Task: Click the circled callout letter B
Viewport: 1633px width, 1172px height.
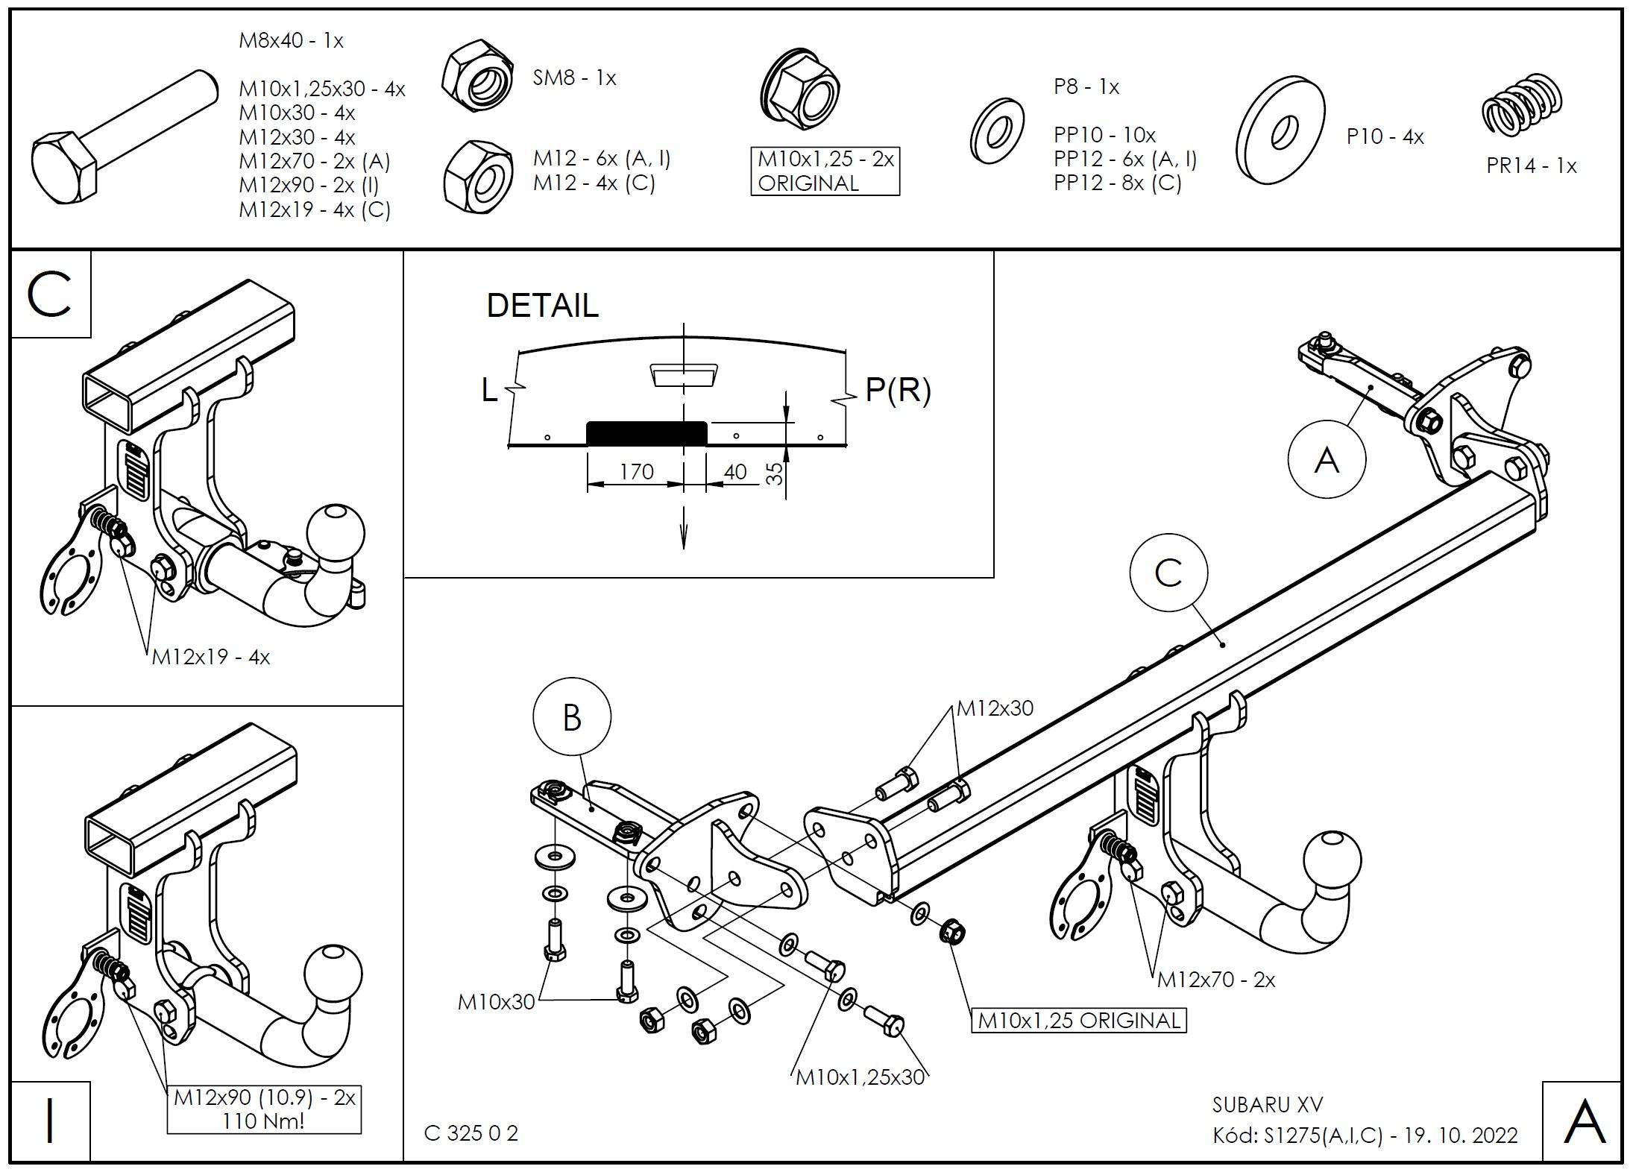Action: click(572, 717)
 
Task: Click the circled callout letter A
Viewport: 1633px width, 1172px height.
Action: click(1327, 459)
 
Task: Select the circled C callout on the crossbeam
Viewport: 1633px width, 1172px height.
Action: click(1168, 573)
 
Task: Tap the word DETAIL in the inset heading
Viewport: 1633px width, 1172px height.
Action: click(542, 306)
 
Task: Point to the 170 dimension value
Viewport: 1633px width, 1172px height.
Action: click(636, 472)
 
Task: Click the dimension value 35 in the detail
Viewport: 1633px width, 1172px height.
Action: click(775, 473)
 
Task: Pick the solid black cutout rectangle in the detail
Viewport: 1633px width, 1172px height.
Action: click(646, 433)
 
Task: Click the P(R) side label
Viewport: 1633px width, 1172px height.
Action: click(898, 389)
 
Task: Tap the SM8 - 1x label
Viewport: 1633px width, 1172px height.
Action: click(574, 78)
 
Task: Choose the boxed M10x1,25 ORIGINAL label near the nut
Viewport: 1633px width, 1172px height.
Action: click(1078, 1020)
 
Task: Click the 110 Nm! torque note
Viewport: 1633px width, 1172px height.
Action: click(263, 1121)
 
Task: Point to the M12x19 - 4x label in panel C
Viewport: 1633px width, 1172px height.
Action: click(211, 657)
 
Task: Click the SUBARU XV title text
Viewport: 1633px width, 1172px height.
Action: click(1267, 1104)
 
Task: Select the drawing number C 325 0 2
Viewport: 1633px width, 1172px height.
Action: click(471, 1133)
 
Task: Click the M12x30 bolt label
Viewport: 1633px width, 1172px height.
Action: click(995, 708)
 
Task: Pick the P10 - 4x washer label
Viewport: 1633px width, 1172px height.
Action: click(1385, 137)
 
